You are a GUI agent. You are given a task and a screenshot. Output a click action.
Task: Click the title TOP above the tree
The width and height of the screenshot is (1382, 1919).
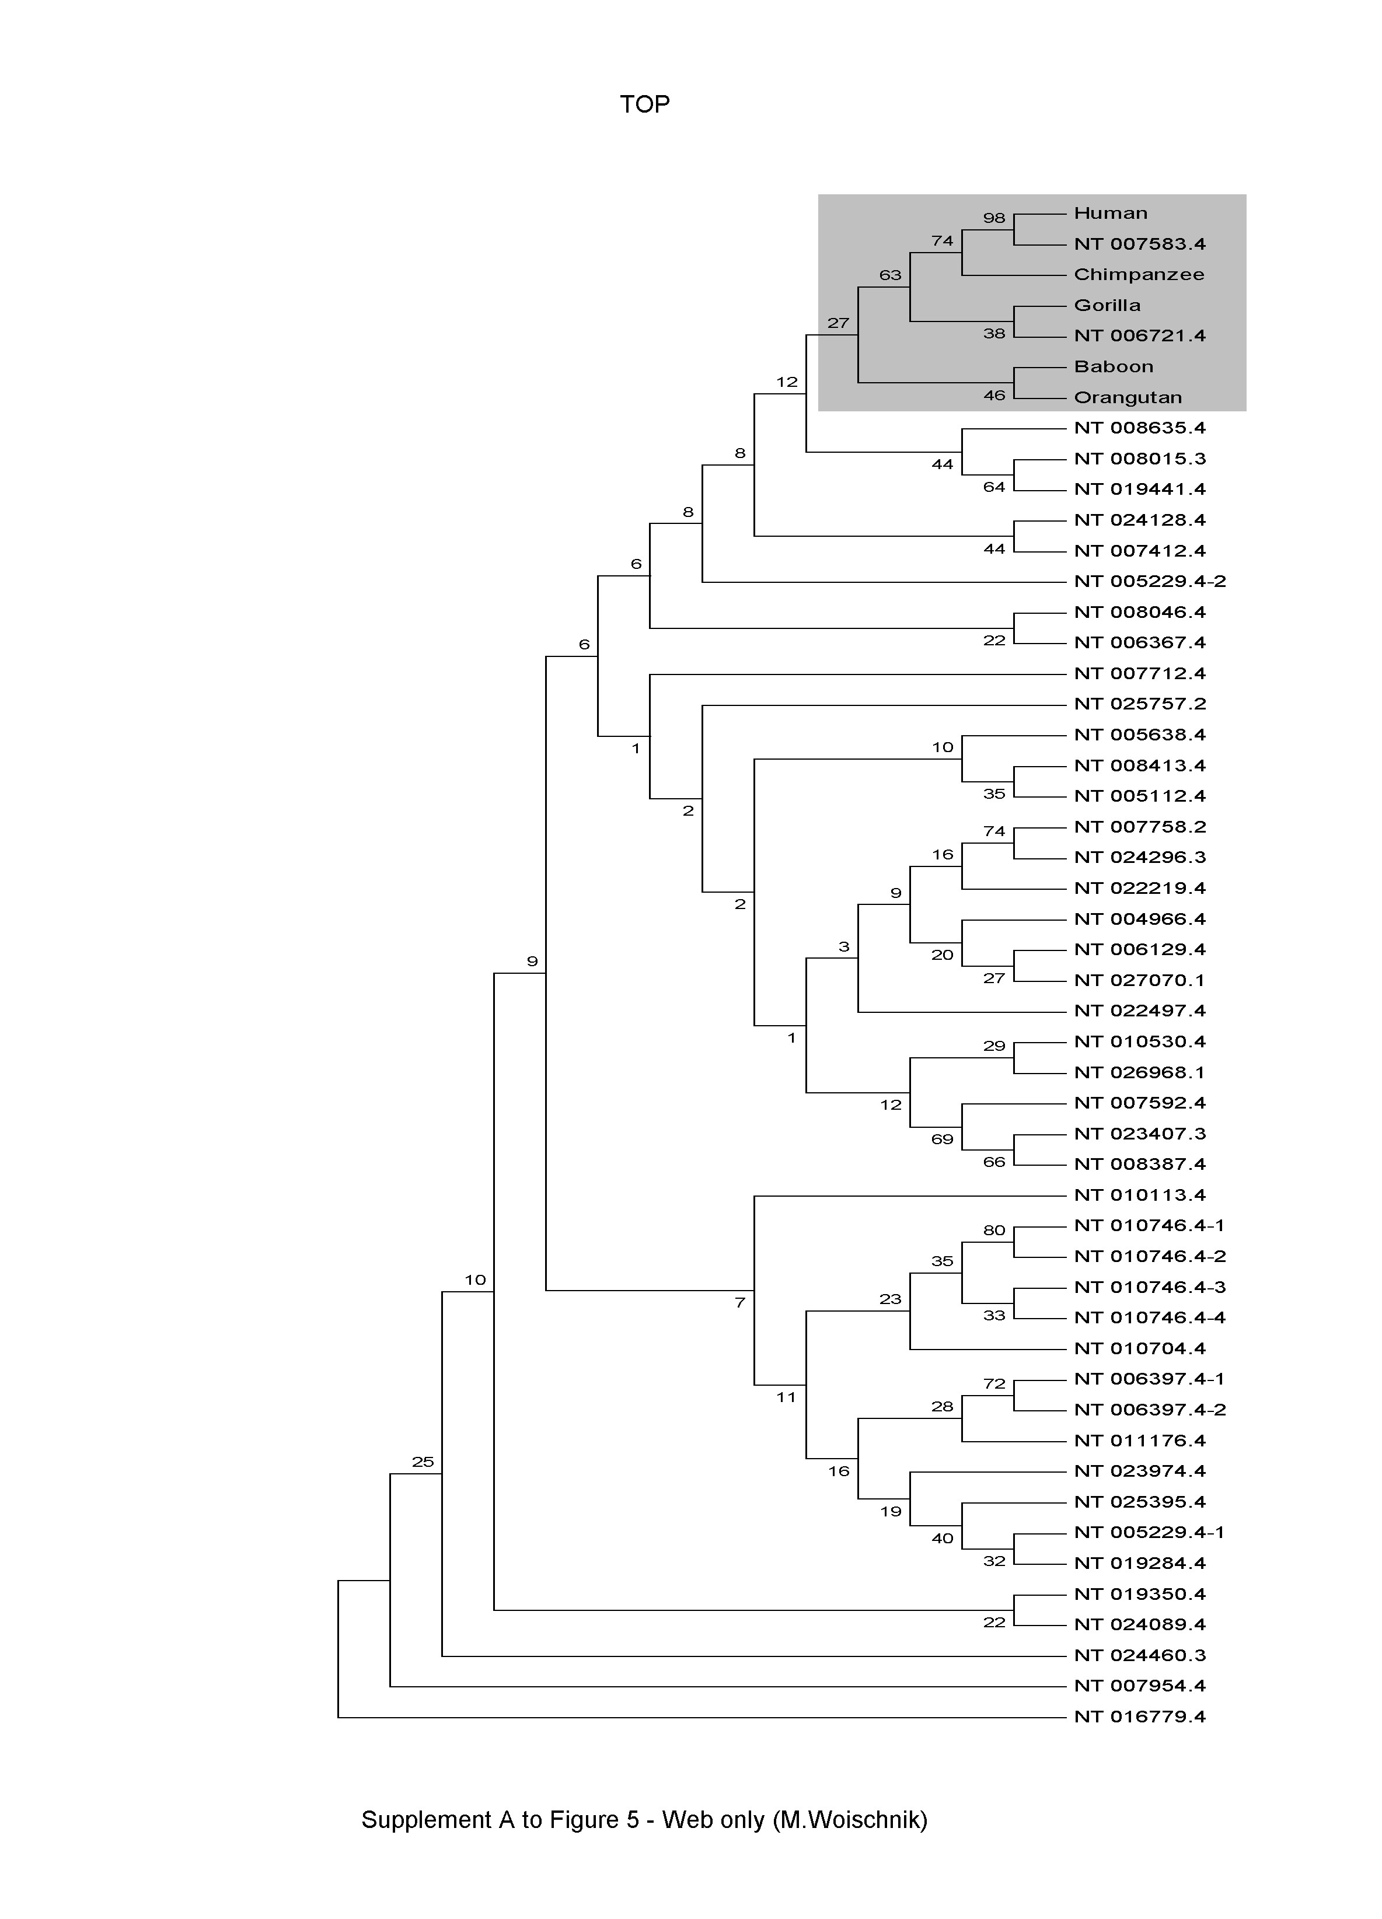coord(644,104)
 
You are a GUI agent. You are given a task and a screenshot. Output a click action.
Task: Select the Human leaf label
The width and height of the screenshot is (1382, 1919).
coord(1111,213)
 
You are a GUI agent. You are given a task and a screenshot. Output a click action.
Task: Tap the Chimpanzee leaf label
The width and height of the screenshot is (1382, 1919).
coord(1138,274)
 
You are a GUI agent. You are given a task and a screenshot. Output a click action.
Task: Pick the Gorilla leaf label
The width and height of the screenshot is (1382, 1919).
coord(1107,306)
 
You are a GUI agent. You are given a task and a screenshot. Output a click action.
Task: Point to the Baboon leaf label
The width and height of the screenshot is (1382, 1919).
coord(1113,366)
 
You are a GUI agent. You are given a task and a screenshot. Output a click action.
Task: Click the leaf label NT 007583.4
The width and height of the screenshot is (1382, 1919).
coord(1139,244)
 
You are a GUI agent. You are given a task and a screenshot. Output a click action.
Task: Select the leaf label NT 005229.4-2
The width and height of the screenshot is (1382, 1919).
coord(1149,581)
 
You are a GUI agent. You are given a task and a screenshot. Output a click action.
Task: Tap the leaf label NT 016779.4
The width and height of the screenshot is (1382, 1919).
coord(1139,1717)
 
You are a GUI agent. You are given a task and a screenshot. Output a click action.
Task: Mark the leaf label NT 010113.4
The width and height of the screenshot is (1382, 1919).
coord(1139,1195)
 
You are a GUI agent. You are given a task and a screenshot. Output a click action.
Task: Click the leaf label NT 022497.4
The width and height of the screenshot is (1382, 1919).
coord(1139,1011)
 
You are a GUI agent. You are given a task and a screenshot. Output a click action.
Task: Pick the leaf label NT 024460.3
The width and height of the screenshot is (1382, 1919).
coord(1139,1655)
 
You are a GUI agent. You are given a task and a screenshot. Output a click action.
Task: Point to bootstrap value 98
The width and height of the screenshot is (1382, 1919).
coord(993,218)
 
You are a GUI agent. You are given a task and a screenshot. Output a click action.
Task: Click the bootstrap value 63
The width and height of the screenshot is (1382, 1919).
coord(890,275)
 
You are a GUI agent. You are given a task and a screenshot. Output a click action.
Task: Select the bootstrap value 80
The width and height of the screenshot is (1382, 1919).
coord(993,1231)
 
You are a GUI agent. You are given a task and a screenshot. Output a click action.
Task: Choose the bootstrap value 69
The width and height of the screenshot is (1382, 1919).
coord(942,1139)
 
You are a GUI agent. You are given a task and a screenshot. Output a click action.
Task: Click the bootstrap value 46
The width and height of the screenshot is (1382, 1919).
coord(993,395)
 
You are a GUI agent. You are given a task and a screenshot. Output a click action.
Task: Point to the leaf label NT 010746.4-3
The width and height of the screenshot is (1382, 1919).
coord(1149,1287)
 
